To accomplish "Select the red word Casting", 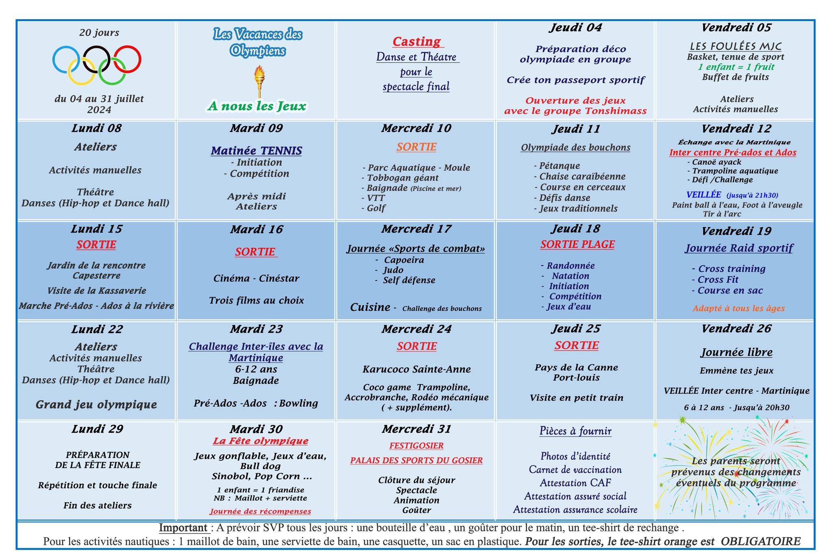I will [417, 41].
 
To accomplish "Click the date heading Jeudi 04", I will [575, 28].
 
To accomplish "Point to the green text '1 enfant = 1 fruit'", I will [736, 67].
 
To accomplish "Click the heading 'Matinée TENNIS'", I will [256, 151].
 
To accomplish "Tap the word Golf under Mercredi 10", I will [376, 208].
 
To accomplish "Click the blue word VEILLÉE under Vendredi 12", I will [704, 195].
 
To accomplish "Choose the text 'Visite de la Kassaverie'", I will [97, 290].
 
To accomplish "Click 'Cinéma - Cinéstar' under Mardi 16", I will [256, 278].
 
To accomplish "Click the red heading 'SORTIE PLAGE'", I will [577, 244].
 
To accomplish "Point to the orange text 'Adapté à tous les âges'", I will [738, 308].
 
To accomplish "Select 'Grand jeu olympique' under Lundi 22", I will [97, 405].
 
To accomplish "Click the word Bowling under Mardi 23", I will [298, 403].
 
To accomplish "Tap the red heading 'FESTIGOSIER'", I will [416, 446].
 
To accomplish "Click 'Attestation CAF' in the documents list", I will [575, 483].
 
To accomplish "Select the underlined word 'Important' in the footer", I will [183, 528].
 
